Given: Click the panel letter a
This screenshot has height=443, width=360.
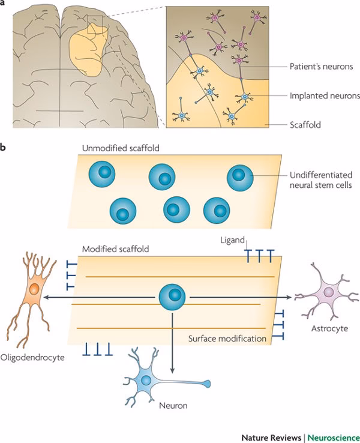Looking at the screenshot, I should coord(5,5).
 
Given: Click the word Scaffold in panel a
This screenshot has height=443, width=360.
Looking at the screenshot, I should coord(305,124).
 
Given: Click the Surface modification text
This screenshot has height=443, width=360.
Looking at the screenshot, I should coord(227,339).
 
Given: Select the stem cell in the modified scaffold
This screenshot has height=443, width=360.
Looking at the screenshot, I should coord(173,296).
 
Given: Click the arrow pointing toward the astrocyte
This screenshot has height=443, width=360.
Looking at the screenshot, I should coord(240,296).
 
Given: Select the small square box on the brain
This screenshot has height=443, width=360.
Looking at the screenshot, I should coord(95,25).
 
